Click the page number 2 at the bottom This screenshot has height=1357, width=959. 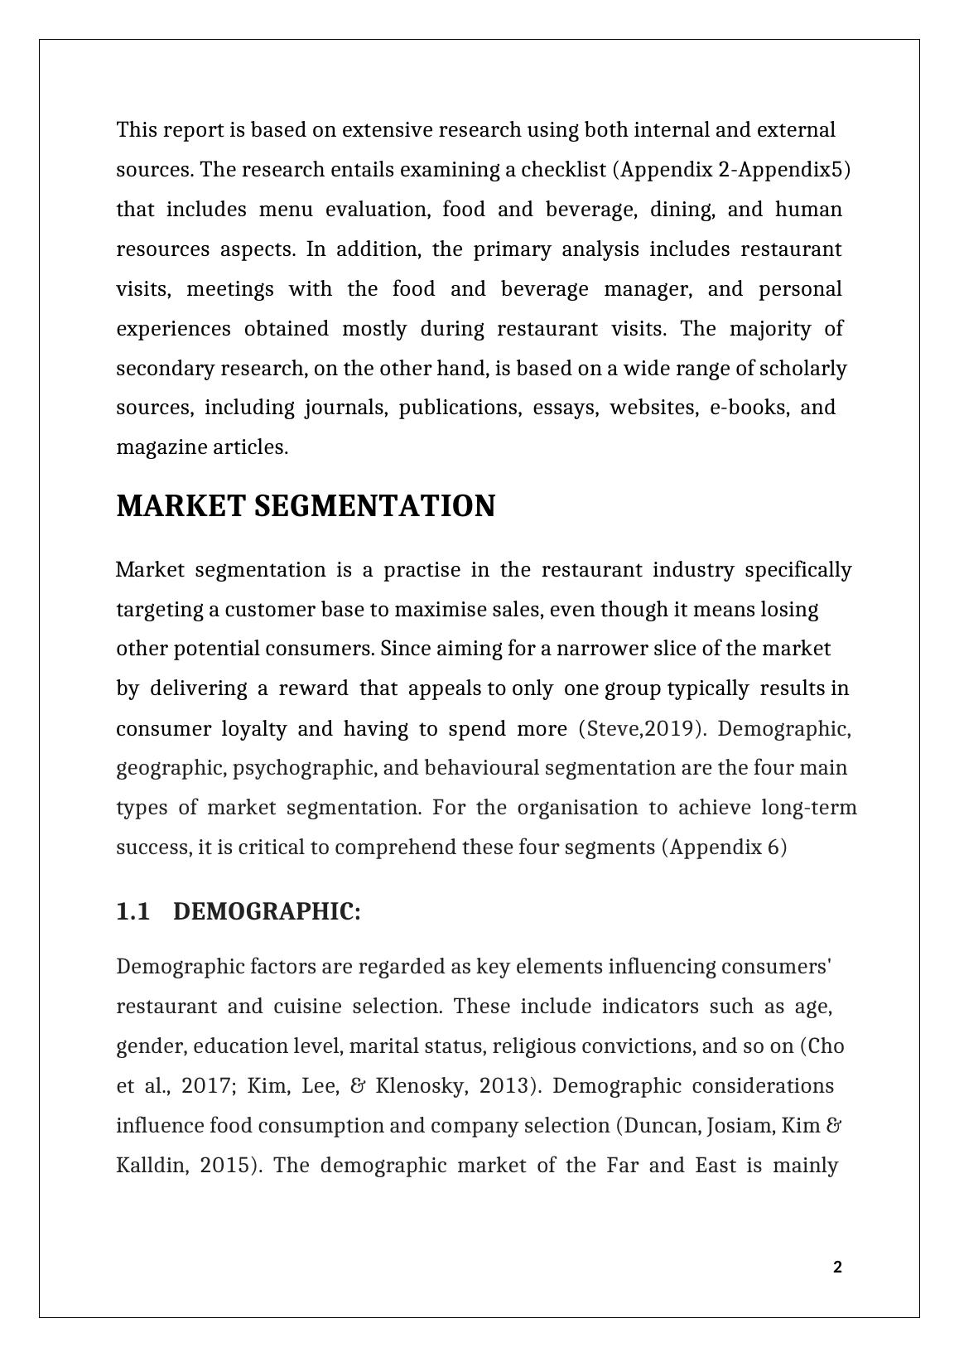[837, 1267]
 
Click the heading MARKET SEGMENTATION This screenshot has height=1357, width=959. [306, 506]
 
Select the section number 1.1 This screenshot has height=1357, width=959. [133, 912]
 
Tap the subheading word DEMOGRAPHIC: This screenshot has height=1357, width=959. [267, 912]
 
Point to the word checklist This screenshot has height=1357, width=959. [561, 170]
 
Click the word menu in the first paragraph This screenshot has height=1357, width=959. [286, 210]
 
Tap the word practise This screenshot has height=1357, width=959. [422, 570]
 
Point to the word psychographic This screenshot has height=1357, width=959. [305, 768]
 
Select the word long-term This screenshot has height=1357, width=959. [809, 808]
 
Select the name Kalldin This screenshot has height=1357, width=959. [152, 1166]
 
